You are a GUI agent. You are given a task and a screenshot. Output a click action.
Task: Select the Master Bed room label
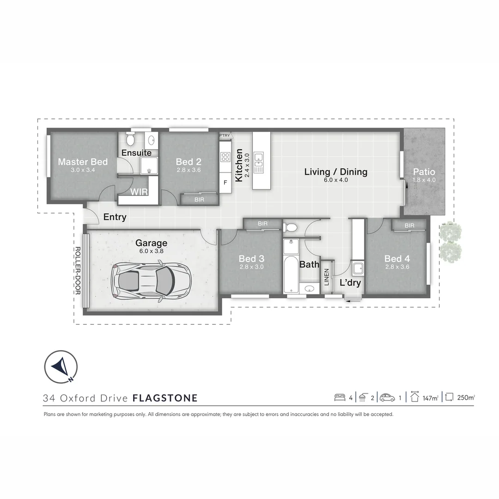point(83,162)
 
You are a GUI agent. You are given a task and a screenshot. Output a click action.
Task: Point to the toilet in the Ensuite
point(130,139)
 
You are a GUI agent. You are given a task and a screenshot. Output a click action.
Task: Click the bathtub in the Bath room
point(290,267)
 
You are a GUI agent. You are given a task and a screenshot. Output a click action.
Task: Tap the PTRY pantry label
point(225,135)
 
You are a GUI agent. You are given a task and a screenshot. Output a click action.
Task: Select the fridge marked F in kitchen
point(225,183)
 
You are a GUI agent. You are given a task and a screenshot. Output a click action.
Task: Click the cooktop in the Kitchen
point(225,157)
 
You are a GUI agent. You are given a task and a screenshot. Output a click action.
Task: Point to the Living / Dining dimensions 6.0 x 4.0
point(335,180)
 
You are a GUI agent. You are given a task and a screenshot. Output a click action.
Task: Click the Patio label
point(424,172)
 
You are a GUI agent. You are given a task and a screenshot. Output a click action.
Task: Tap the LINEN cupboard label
point(327,277)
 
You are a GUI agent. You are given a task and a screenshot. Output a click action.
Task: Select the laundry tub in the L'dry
point(357,268)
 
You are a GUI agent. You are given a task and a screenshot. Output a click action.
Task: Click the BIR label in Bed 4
point(409,225)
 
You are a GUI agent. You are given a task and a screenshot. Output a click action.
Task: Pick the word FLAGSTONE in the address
point(165,398)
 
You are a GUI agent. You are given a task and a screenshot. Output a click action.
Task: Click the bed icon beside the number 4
point(340,397)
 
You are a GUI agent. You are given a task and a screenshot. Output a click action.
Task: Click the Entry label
point(115,217)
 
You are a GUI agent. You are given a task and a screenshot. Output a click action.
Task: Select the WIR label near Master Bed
point(139,191)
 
